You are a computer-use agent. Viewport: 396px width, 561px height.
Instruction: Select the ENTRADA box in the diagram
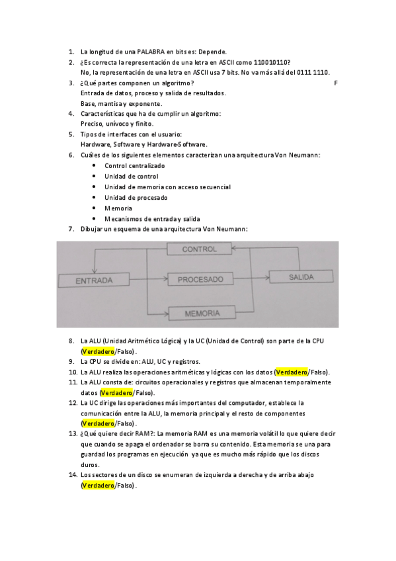coord(94,280)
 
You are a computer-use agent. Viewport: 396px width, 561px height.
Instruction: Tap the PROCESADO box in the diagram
coord(200,280)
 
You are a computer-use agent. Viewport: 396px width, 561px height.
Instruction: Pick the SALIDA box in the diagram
coord(301,277)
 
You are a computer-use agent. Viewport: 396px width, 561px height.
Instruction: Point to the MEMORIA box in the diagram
coord(202,313)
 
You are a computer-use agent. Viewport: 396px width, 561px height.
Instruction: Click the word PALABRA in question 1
coord(151,52)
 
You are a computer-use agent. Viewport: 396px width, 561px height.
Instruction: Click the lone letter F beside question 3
coord(336,83)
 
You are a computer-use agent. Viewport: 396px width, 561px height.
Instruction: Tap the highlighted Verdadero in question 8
coord(98,351)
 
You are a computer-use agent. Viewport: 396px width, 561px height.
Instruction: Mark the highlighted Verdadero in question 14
coord(98,486)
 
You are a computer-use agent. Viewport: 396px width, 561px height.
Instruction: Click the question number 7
coord(71,229)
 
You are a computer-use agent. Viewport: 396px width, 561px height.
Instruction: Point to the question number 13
coord(72,433)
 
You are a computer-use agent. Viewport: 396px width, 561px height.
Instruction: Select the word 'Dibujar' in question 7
coord(92,229)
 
